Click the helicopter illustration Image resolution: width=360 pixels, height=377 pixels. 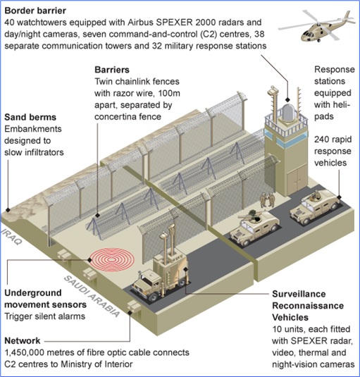317,26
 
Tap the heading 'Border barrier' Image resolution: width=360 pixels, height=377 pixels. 35,11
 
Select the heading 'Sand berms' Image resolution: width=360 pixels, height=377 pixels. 30,117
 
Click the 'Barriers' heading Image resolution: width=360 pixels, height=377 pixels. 112,70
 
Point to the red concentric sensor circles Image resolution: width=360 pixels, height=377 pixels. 113,260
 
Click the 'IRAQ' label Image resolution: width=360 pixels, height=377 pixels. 11,237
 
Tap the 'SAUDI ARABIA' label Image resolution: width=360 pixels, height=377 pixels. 92,296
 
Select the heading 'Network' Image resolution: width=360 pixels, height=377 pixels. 23,340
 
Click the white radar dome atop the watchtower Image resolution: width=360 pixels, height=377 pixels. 287,113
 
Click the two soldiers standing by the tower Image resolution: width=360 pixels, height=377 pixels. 268,199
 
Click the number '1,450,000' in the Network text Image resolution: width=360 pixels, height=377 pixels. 25,352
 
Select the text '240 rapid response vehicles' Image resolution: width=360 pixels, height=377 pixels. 333,151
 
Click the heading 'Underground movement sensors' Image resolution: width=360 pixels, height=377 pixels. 45,299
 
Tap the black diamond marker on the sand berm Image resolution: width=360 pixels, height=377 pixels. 8,210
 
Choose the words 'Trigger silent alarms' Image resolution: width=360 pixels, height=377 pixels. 44,316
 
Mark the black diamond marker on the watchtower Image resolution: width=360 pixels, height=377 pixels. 287,99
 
